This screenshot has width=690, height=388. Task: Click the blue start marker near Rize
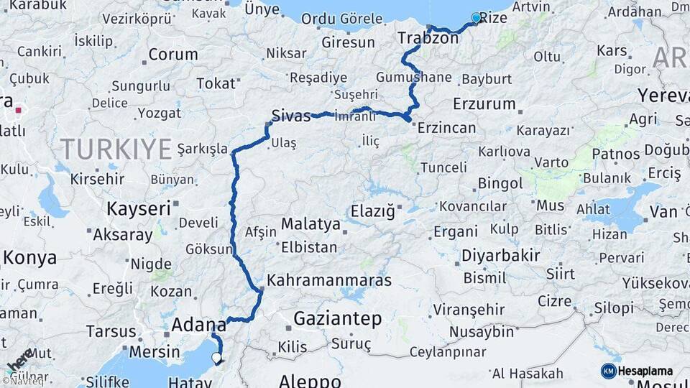tap(476, 18)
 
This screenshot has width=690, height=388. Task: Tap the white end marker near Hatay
tap(216, 356)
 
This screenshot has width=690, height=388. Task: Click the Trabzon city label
tap(428, 38)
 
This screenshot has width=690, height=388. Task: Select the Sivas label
tap(291, 116)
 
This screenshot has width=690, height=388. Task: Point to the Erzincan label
tap(447, 128)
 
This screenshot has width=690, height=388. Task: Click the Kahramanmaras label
tap(328, 280)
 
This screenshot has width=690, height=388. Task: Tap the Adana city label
tap(194, 325)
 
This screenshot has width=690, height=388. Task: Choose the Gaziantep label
tap(338, 318)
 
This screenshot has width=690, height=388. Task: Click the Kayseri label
tap(139, 209)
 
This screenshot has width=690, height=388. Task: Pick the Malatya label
tap(310, 224)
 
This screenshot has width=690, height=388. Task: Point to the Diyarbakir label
tap(501, 255)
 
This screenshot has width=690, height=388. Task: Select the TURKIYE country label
tap(116, 149)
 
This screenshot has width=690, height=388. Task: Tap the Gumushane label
tap(413, 77)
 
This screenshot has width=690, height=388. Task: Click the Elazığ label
tap(373, 211)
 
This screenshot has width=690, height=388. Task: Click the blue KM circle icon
tap(609, 371)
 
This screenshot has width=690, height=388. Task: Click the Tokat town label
tap(216, 84)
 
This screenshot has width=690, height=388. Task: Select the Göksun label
tap(209, 249)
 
